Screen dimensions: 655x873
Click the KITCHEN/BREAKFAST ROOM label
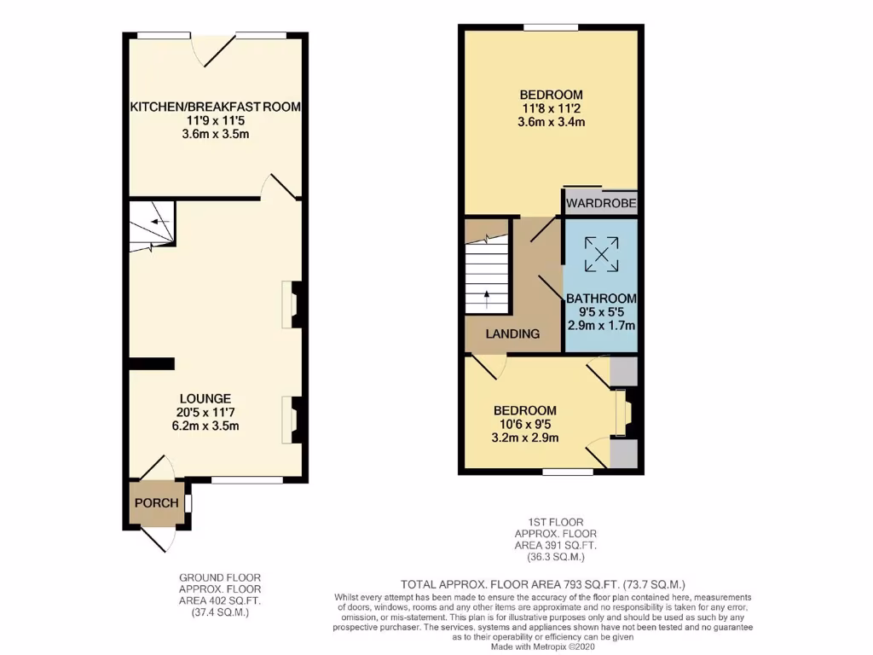tap(215, 107)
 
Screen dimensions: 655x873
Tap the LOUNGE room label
tap(205, 398)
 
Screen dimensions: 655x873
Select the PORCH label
tap(156, 503)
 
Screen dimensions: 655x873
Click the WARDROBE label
tap(601, 204)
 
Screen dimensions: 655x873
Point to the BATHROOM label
tap(603, 298)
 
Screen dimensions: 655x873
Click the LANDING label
tap(512, 333)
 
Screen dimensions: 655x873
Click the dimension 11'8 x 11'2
tap(551, 108)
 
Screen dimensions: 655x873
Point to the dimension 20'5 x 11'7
tap(205, 412)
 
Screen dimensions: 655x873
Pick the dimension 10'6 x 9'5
tap(527, 425)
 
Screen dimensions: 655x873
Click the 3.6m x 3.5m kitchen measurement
tap(215, 135)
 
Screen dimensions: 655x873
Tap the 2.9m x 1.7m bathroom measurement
tap(603, 325)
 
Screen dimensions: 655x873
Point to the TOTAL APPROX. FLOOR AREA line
tap(544, 584)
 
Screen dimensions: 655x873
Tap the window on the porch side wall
tap(188, 503)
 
